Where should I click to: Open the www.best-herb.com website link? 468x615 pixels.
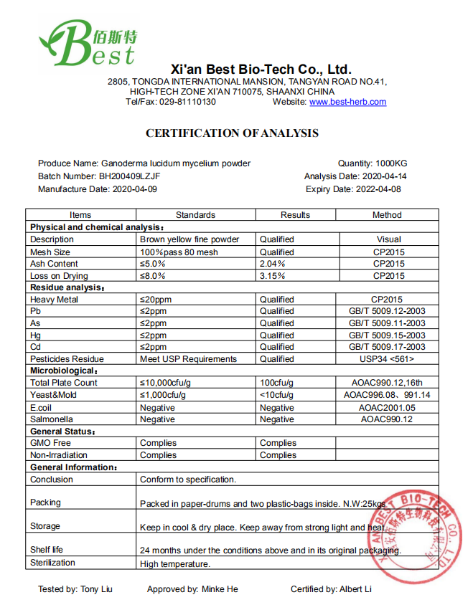347,102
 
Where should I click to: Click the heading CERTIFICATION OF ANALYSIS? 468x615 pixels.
232,133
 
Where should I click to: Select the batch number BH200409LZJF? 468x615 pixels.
129,176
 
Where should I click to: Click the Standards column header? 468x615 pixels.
195,215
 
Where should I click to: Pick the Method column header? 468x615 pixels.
387,215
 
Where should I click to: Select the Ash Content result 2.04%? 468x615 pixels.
272,264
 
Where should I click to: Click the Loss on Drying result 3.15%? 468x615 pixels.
272,276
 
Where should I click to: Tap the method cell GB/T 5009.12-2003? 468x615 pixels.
387,311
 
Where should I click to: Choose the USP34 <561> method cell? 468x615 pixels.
387,359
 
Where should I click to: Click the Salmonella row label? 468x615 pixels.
52,419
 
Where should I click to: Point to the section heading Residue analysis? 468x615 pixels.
67,287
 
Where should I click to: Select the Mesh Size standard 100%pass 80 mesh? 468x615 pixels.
179,252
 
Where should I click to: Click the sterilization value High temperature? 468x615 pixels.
175,563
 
